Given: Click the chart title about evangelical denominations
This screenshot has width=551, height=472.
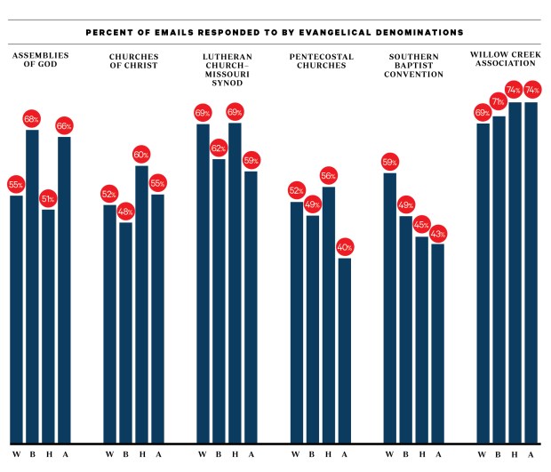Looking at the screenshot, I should coord(275,32).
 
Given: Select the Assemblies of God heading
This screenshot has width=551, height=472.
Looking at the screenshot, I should coord(40,61).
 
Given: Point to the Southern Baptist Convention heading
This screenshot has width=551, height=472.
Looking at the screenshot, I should coord(414,66).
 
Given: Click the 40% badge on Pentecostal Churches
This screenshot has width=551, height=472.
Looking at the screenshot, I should coord(344,247).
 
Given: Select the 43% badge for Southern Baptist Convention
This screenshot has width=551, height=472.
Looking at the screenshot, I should coord(437,234).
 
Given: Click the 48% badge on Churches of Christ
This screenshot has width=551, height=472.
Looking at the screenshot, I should coord(125,212).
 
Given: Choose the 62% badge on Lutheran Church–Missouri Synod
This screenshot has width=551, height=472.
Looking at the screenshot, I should coord(219,148).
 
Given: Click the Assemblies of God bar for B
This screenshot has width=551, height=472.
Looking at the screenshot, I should coord(32,284).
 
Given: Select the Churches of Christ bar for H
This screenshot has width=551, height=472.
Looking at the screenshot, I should coord(141,302).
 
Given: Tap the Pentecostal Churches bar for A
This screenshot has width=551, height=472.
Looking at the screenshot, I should coord(344,350).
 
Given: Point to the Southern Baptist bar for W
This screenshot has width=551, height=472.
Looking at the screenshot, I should coord(389,307).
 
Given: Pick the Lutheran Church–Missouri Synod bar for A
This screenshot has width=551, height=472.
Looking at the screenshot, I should coord(251,307).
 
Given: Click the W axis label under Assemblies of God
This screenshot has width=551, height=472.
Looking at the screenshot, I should coord(16,455).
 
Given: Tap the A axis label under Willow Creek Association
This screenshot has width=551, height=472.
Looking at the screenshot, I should coord(531,455).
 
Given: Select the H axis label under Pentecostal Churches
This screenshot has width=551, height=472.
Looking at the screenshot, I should coord(328,455).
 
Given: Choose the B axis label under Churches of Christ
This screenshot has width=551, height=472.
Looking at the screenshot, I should coord(125,455).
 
